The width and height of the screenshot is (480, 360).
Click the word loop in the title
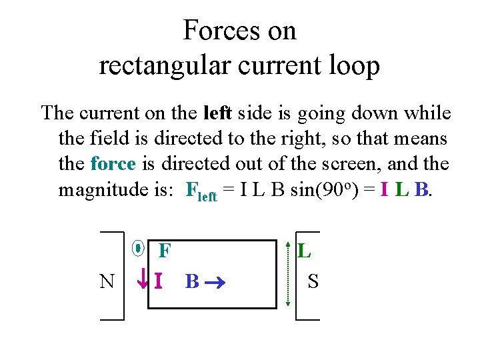(x=354, y=66)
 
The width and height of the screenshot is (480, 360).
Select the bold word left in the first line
(x=217, y=113)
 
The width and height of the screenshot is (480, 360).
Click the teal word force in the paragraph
(x=113, y=164)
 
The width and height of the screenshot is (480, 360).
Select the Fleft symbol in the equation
(x=201, y=192)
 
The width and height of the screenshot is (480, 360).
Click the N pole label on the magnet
(x=107, y=281)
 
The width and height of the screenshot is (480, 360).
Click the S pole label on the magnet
(x=313, y=281)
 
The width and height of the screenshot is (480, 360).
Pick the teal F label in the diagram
(x=165, y=251)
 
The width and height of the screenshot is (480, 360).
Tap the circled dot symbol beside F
(x=138, y=249)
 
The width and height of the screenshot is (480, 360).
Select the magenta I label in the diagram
(x=158, y=281)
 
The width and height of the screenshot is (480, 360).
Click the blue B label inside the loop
(x=191, y=281)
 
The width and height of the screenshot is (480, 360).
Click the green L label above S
(x=304, y=251)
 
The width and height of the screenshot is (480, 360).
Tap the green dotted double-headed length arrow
(x=288, y=274)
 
